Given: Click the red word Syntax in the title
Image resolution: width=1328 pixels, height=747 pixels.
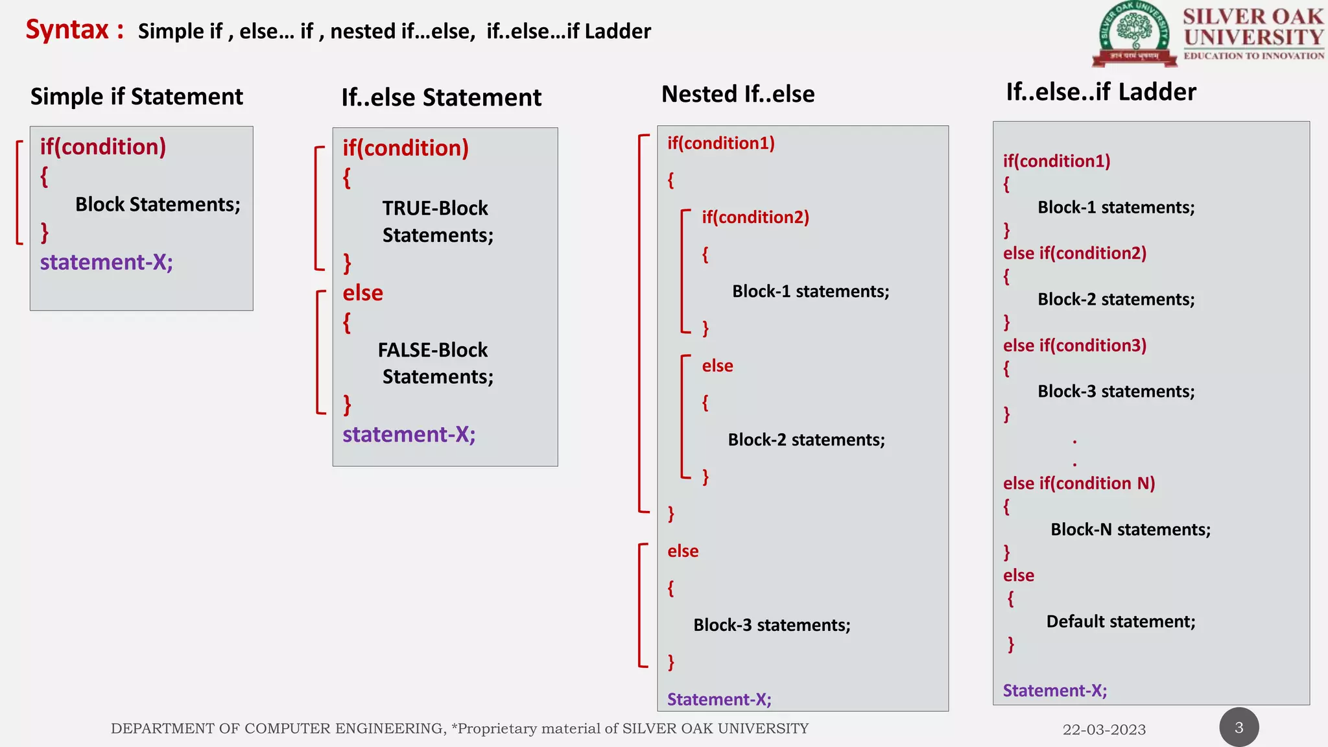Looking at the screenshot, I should tap(67, 30).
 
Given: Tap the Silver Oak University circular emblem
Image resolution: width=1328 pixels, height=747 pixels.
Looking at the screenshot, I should tap(1134, 34).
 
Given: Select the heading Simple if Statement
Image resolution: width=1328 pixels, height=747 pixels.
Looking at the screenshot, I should tap(136, 97).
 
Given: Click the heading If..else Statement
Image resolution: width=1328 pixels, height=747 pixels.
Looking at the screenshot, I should tap(441, 98).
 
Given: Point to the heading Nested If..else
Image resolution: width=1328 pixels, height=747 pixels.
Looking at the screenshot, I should tap(737, 94).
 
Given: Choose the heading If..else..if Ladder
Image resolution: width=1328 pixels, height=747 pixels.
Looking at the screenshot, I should tap(1100, 92).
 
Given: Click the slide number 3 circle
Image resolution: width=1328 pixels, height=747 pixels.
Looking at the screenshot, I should tap(1239, 728).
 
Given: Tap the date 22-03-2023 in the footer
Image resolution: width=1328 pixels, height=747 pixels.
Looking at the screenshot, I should tap(1104, 729).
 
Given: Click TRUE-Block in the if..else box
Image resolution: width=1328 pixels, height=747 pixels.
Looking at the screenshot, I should tap(434, 208).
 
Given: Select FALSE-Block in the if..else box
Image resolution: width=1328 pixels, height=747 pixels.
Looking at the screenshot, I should tap(433, 350).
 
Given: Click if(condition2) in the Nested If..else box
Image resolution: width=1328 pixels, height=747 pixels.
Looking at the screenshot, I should tap(755, 217).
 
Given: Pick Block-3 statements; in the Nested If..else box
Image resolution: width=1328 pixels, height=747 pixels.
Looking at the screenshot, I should tap(772, 625).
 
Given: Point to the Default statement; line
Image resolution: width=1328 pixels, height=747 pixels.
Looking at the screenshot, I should tap(1120, 622).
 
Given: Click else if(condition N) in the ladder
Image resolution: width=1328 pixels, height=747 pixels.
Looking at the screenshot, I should tap(1079, 484).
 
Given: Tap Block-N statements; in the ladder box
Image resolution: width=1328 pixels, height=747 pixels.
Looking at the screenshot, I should tap(1130, 530).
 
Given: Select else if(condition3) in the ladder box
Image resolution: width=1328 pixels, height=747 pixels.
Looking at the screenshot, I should tap(1074, 346).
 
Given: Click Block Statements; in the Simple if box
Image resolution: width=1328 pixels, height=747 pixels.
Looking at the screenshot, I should tap(158, 205).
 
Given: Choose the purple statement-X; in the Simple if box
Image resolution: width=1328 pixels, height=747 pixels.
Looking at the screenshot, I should tap(106, 262).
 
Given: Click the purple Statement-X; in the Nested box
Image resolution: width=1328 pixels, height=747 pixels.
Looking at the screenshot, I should tap(719, 700).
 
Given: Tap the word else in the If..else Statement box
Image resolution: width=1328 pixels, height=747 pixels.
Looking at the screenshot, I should tap(362, 293).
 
